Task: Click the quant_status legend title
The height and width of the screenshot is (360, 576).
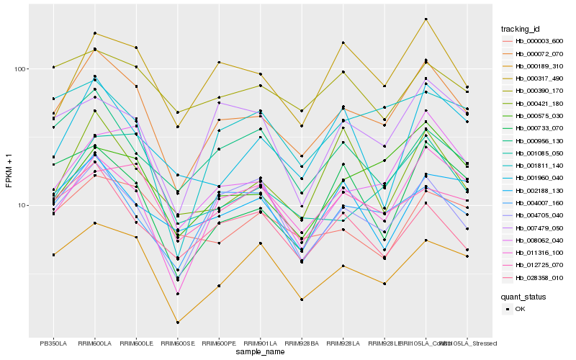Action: tap(523, 296)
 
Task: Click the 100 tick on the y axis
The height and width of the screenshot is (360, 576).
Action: tap(20, 69)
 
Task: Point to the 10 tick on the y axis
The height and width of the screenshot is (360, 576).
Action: tap(22, 205)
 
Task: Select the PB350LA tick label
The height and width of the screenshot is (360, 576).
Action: tap(53, 343)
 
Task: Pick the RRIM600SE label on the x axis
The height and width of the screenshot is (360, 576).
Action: tap(177, 343)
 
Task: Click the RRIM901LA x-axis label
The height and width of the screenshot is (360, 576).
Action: tap(260, 343)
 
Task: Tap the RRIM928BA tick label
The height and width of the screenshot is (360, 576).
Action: tap(302, 343)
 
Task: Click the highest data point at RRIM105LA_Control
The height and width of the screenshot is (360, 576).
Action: tap(426, 19)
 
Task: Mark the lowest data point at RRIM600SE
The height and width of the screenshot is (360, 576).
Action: tap(177, 322)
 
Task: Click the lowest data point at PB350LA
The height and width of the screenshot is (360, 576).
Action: tap(53, 255)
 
